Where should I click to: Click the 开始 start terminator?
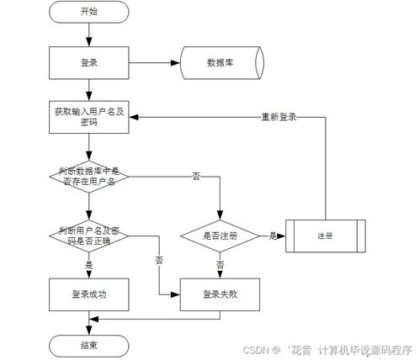[x=88, y=12]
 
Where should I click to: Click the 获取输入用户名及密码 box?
[x=88, y=117]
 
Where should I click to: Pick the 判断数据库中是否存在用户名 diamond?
[x=88, y=176]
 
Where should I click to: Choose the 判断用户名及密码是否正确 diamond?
[x=88, y=235]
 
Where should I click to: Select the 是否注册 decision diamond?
[x=221, y=236]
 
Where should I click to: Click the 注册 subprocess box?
[x=327, y=236]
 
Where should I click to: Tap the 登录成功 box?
[x=88, y=294]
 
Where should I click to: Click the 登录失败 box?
[x=221, y=294]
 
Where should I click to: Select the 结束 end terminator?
[x=88, y=345]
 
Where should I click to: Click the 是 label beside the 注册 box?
[x=272, y=236]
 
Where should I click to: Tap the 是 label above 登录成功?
[x=88, y=263]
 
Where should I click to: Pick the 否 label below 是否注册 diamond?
[x=221, y=263]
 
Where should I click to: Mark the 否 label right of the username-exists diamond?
[x=196, y=176]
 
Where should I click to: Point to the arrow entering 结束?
[x=88, y=326]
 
